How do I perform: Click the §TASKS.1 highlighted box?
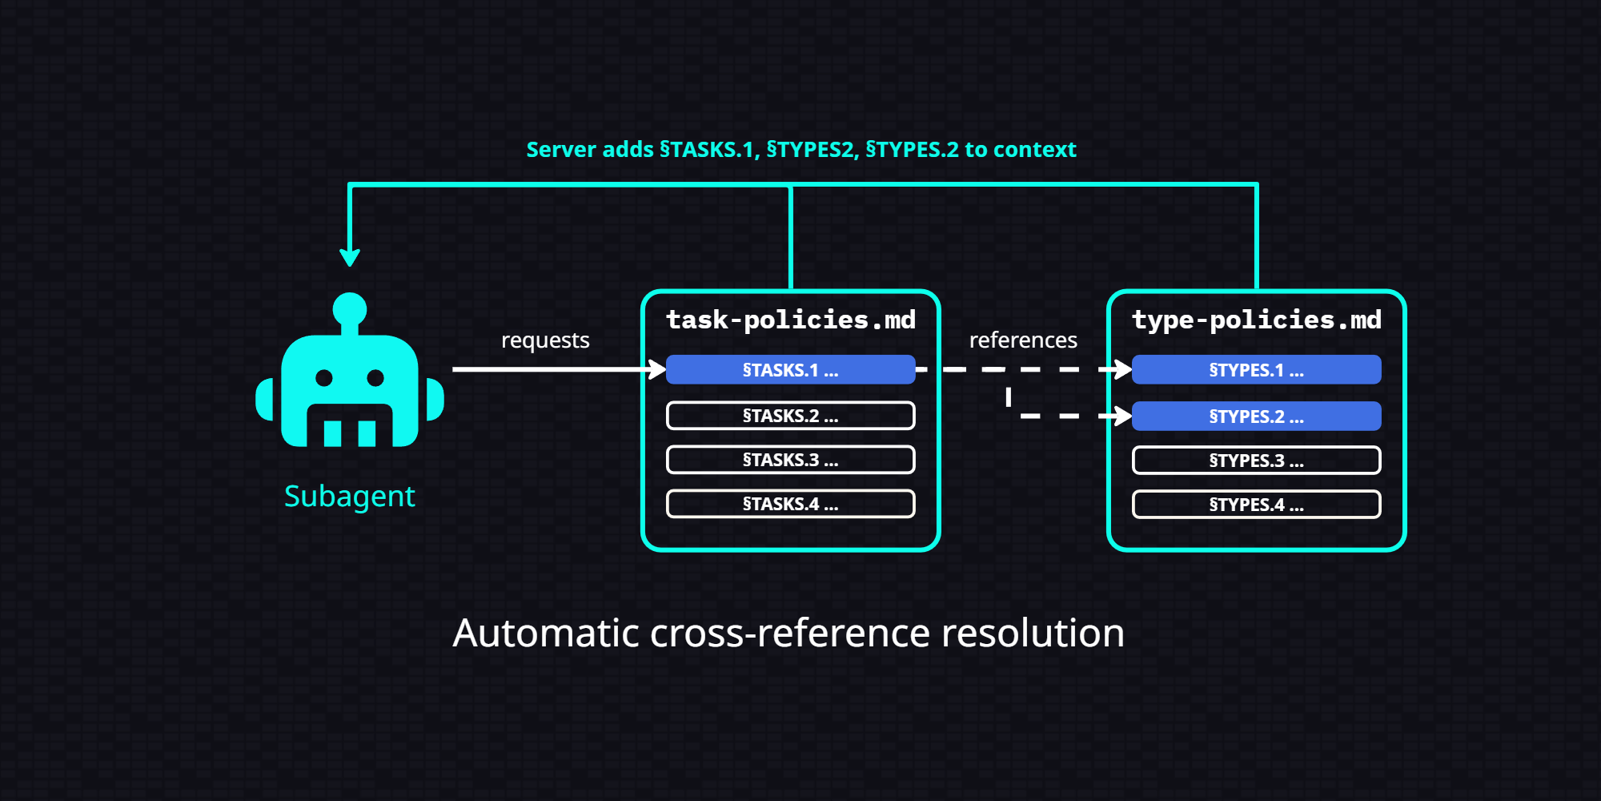790,370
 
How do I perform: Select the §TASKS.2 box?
790,416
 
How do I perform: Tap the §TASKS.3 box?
790,460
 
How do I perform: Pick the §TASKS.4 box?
790,504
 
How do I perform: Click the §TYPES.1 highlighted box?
1256,370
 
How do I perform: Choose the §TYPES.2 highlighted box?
1256,417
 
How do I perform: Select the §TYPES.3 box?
1256,461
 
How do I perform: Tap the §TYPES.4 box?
1256,505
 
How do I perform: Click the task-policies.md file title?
790,320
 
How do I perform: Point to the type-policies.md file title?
1256,320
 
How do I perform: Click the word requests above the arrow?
545,340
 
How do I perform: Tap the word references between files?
1023,340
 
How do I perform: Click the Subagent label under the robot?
350,497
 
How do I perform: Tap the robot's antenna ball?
350,308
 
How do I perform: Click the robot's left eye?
324,377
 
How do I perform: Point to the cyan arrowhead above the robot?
350,257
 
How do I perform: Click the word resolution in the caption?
1033,633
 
